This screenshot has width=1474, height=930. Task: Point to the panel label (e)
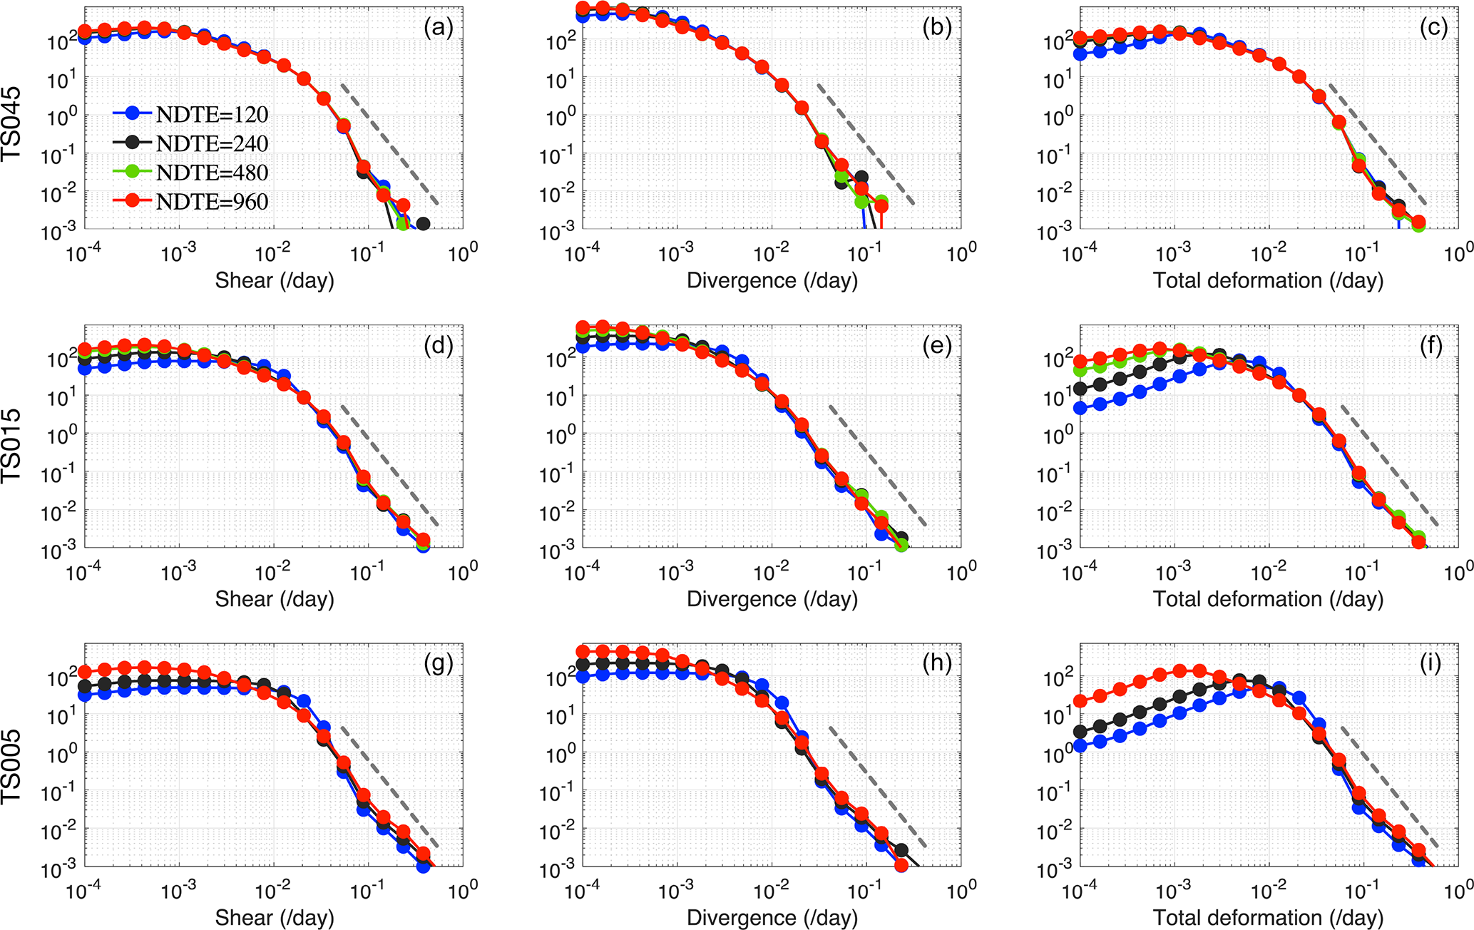pyautogui.click(x=936, y=346)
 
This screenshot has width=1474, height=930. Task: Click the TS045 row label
pyautogui.click(x=13, y=124)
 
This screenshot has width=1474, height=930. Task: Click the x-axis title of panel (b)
pyautogui.click(x=772, y=281)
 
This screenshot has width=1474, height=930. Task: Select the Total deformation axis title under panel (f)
pyautogui.click(x=1268, y=599)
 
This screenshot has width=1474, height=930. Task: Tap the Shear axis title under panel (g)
pyautogui.click(x=275, y=917)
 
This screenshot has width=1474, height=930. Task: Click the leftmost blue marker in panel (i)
pyautogui.click(x=1080, y=745)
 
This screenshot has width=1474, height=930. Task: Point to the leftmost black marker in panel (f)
pyautogui.click(x=1080, y=389)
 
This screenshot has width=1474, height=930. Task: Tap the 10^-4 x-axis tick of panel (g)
pyautogui.click(x=84, y=891)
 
